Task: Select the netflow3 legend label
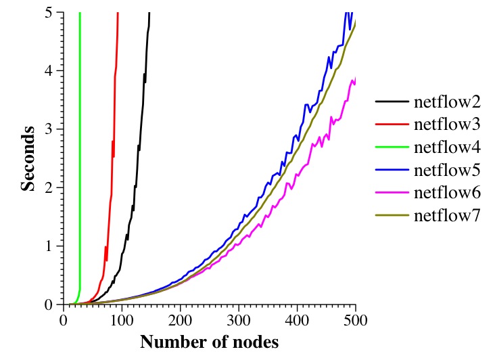tap(447, 125)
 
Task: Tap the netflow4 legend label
tap(447, 148)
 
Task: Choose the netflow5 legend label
tap(447, 171)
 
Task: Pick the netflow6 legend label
tap(447, 194)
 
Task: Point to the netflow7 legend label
tap(447, 217)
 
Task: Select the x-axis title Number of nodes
tap(209, 342)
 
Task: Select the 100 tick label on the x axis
tap(122, 319)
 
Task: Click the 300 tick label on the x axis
tap(238, 319)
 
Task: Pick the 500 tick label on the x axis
tap(354, 319)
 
